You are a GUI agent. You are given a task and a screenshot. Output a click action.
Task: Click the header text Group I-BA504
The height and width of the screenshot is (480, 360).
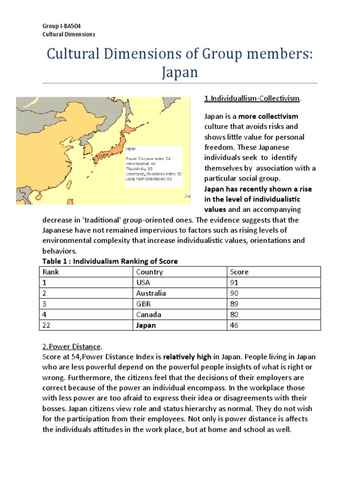55,26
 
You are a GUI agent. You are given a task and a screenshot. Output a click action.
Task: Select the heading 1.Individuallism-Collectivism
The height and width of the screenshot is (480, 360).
252,98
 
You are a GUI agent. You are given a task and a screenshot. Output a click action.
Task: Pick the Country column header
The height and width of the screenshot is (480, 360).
150,272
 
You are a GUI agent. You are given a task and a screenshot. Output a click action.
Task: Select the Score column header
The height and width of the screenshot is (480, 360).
239,272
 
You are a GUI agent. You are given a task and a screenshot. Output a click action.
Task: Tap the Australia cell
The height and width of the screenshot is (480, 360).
151,293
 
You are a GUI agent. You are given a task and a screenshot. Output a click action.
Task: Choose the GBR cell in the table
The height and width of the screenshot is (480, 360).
143,304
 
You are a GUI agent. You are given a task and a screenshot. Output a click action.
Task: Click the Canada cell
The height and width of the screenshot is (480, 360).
149,315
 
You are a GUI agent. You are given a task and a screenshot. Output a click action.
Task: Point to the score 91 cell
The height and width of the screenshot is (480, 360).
234,283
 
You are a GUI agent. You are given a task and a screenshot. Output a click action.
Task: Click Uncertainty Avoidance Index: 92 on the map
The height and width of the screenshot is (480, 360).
154,173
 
